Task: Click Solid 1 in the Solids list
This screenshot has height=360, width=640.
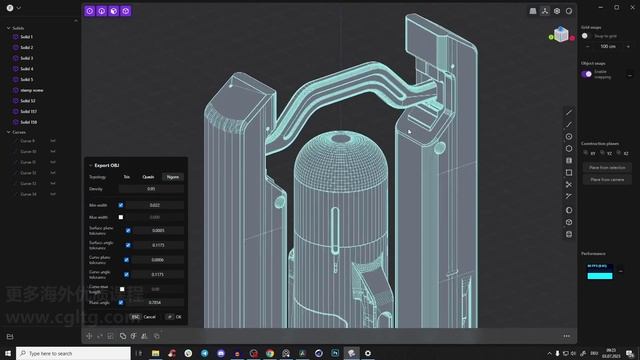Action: pos(26,37)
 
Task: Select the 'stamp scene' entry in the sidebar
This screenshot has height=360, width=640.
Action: pos(32,90)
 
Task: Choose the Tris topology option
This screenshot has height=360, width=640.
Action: pos(126,176)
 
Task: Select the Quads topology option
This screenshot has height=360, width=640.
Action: pos(148,176)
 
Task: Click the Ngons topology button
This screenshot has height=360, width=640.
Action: pos(172,176)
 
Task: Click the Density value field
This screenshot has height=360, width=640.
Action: pos(152,188)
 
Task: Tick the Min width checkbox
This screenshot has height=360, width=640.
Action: pos(121,204)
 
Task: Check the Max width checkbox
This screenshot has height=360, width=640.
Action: pos(121,216)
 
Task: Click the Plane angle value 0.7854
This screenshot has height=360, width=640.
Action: pos(155,301)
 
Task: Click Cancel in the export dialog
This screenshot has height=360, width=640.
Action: pos(149,316)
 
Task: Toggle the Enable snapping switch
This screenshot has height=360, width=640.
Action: pos(587,74)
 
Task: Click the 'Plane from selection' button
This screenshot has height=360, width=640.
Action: pos(607,167)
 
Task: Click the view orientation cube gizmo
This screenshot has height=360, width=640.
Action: pos(560,35)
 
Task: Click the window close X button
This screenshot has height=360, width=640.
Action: pos(632,6)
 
